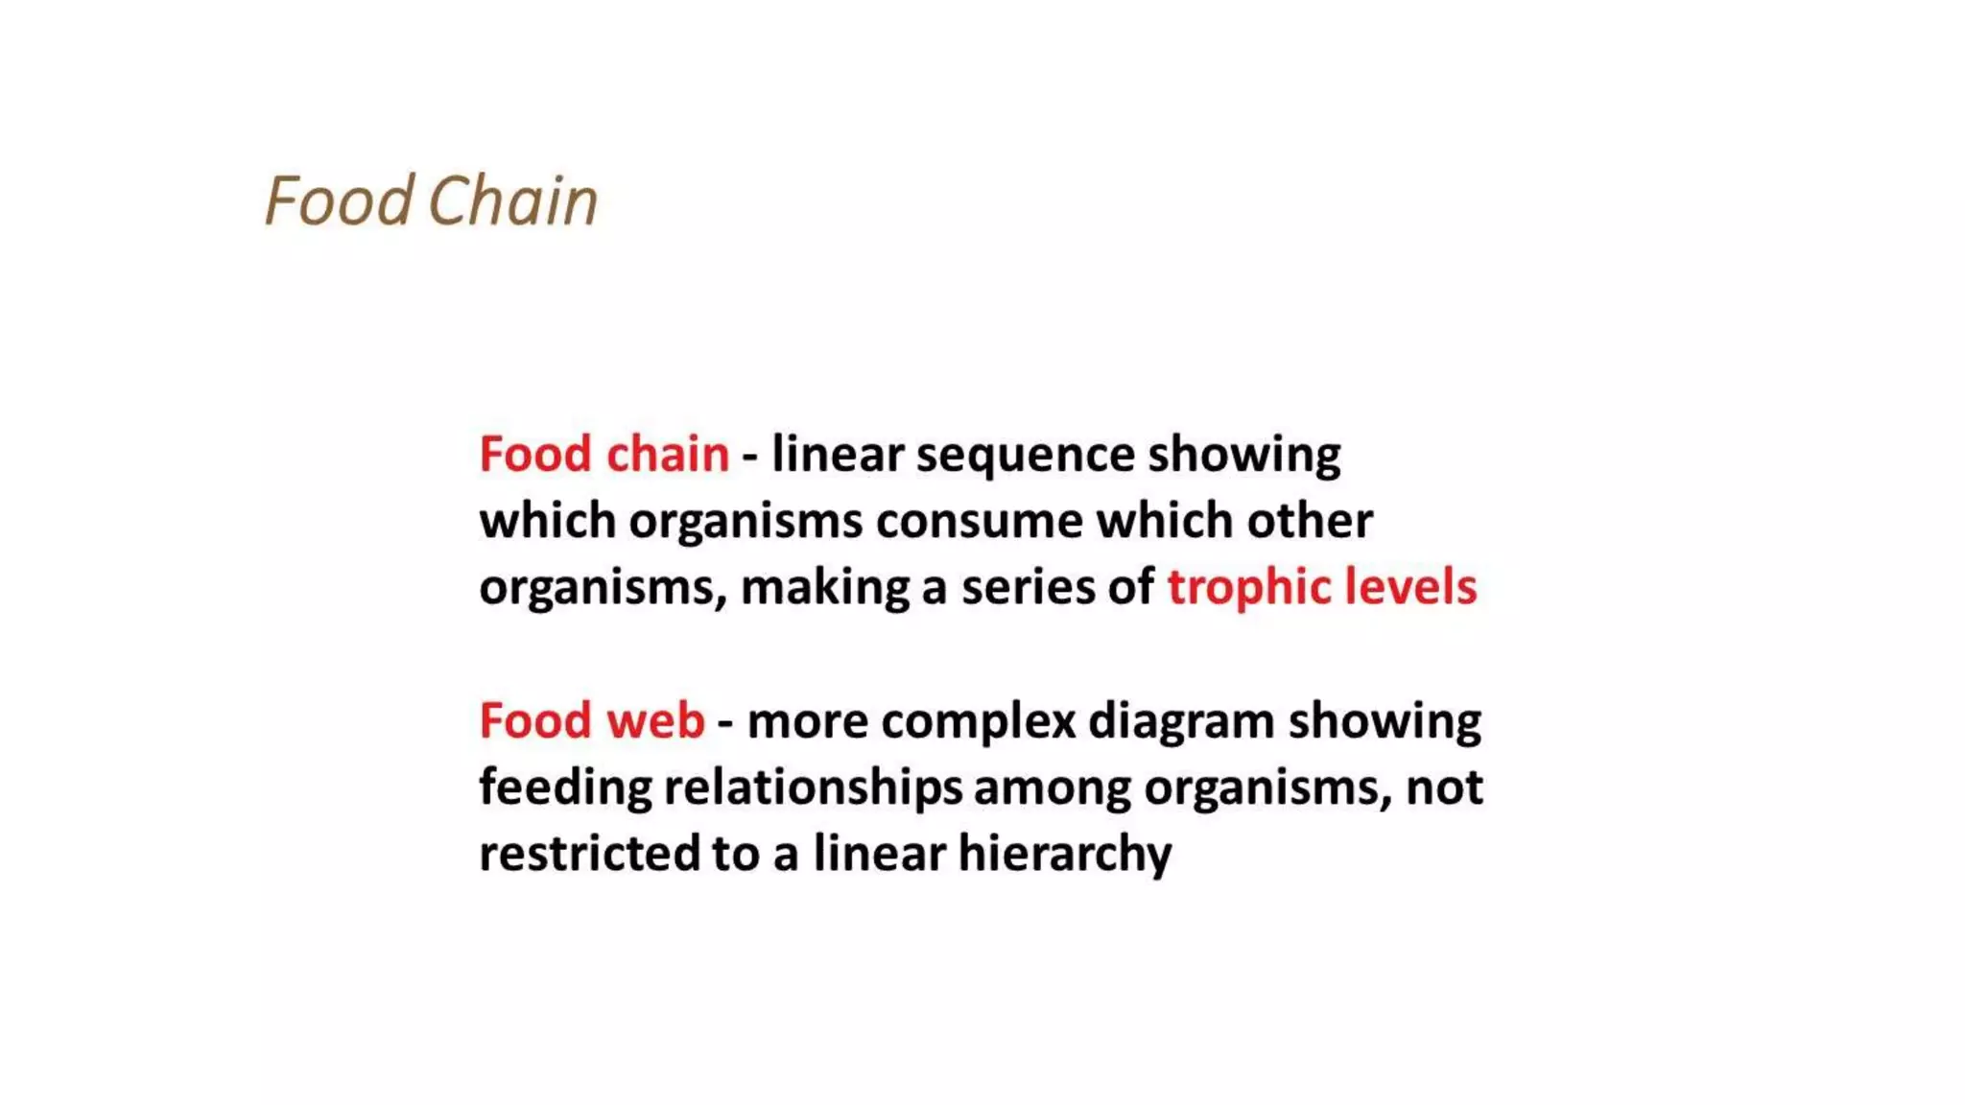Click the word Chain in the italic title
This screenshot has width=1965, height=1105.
pyautogui.click(x=512, y=201)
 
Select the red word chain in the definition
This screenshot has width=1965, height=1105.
pyautogui.click(x=667, y=454)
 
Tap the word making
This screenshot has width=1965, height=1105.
pyautogui.click(x=825, y=588)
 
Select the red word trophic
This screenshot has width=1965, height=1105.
pyautogui.click(x=1247, y=588)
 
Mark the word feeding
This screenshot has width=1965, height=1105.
pyautogui.click(x=565, y=788)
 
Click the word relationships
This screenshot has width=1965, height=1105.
pyautogui.click(x=813, y=788)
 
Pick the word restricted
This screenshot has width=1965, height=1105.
pyautogui.click(x=589, y=854)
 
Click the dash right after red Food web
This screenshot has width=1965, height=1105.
pyautogui.click(x=725, y=722)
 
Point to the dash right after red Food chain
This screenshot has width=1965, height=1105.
pyautogui.click(x=750, y=456)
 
